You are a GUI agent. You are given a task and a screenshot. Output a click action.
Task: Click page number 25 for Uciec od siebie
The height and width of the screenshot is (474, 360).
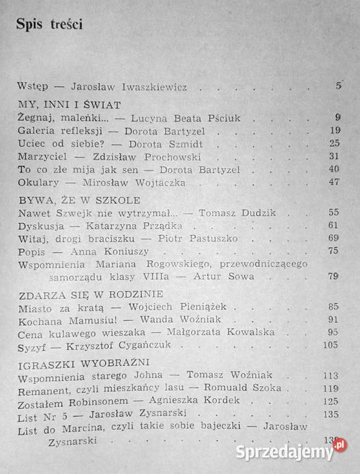click(x=334, y=144)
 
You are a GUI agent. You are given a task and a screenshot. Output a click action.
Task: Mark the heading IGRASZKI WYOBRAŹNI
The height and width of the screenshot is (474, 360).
click(x=76, y=363)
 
